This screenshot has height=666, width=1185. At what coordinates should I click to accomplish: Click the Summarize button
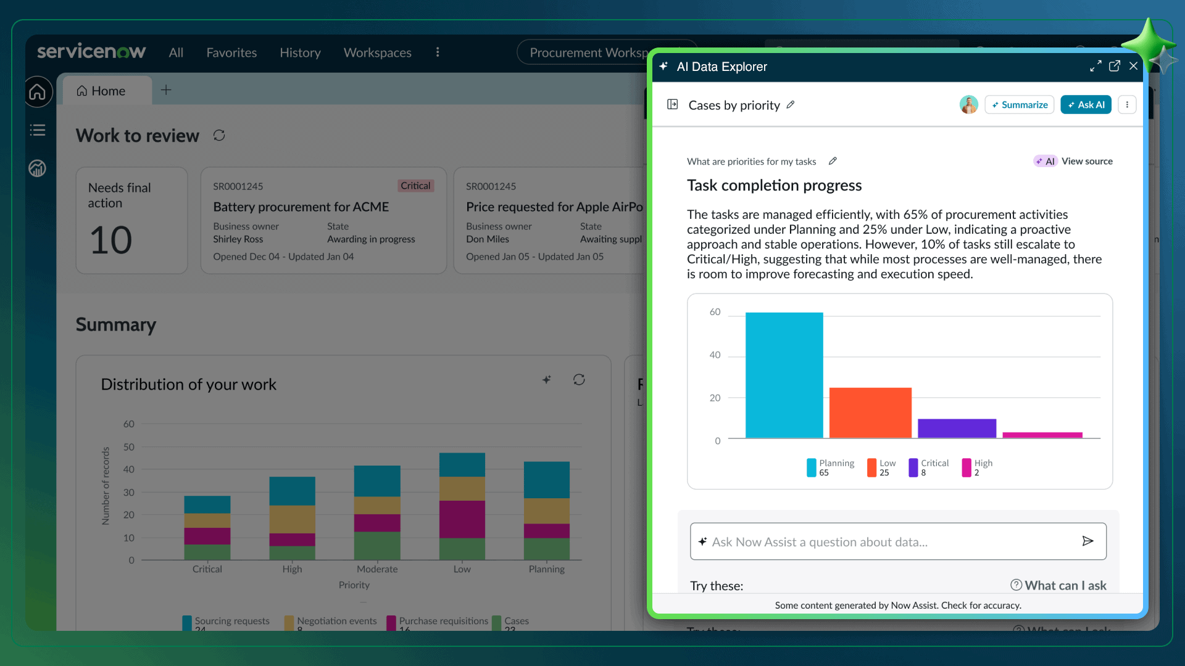tap(1019, 105)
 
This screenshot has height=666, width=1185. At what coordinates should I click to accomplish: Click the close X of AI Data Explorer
tap(1133, 66)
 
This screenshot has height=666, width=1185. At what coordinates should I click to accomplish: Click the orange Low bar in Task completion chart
tap(870, 413)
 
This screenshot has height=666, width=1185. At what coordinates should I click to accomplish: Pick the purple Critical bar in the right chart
tap(957, 428)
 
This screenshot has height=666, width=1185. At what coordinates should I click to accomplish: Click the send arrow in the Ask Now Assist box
tap(1087, 541)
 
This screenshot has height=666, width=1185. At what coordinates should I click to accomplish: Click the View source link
tap(1086, 161)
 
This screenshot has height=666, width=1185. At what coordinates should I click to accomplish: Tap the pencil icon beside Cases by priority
tap(791, 105)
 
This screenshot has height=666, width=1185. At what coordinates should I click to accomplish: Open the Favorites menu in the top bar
tap(231, 52)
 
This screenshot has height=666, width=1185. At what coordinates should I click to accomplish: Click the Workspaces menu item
tap(377, 52)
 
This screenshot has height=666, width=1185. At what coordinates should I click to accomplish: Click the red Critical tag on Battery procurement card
tap(415, 186)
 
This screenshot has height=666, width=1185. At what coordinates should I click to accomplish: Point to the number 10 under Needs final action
tap(111, 240)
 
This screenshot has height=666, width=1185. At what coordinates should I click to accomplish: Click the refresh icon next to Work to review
tap(219, 135)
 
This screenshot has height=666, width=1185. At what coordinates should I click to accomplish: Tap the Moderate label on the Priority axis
tap(377, 569)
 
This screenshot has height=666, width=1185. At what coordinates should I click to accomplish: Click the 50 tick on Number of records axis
tap(128, 446)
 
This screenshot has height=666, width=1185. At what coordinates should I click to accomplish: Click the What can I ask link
tap(1058, 585)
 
